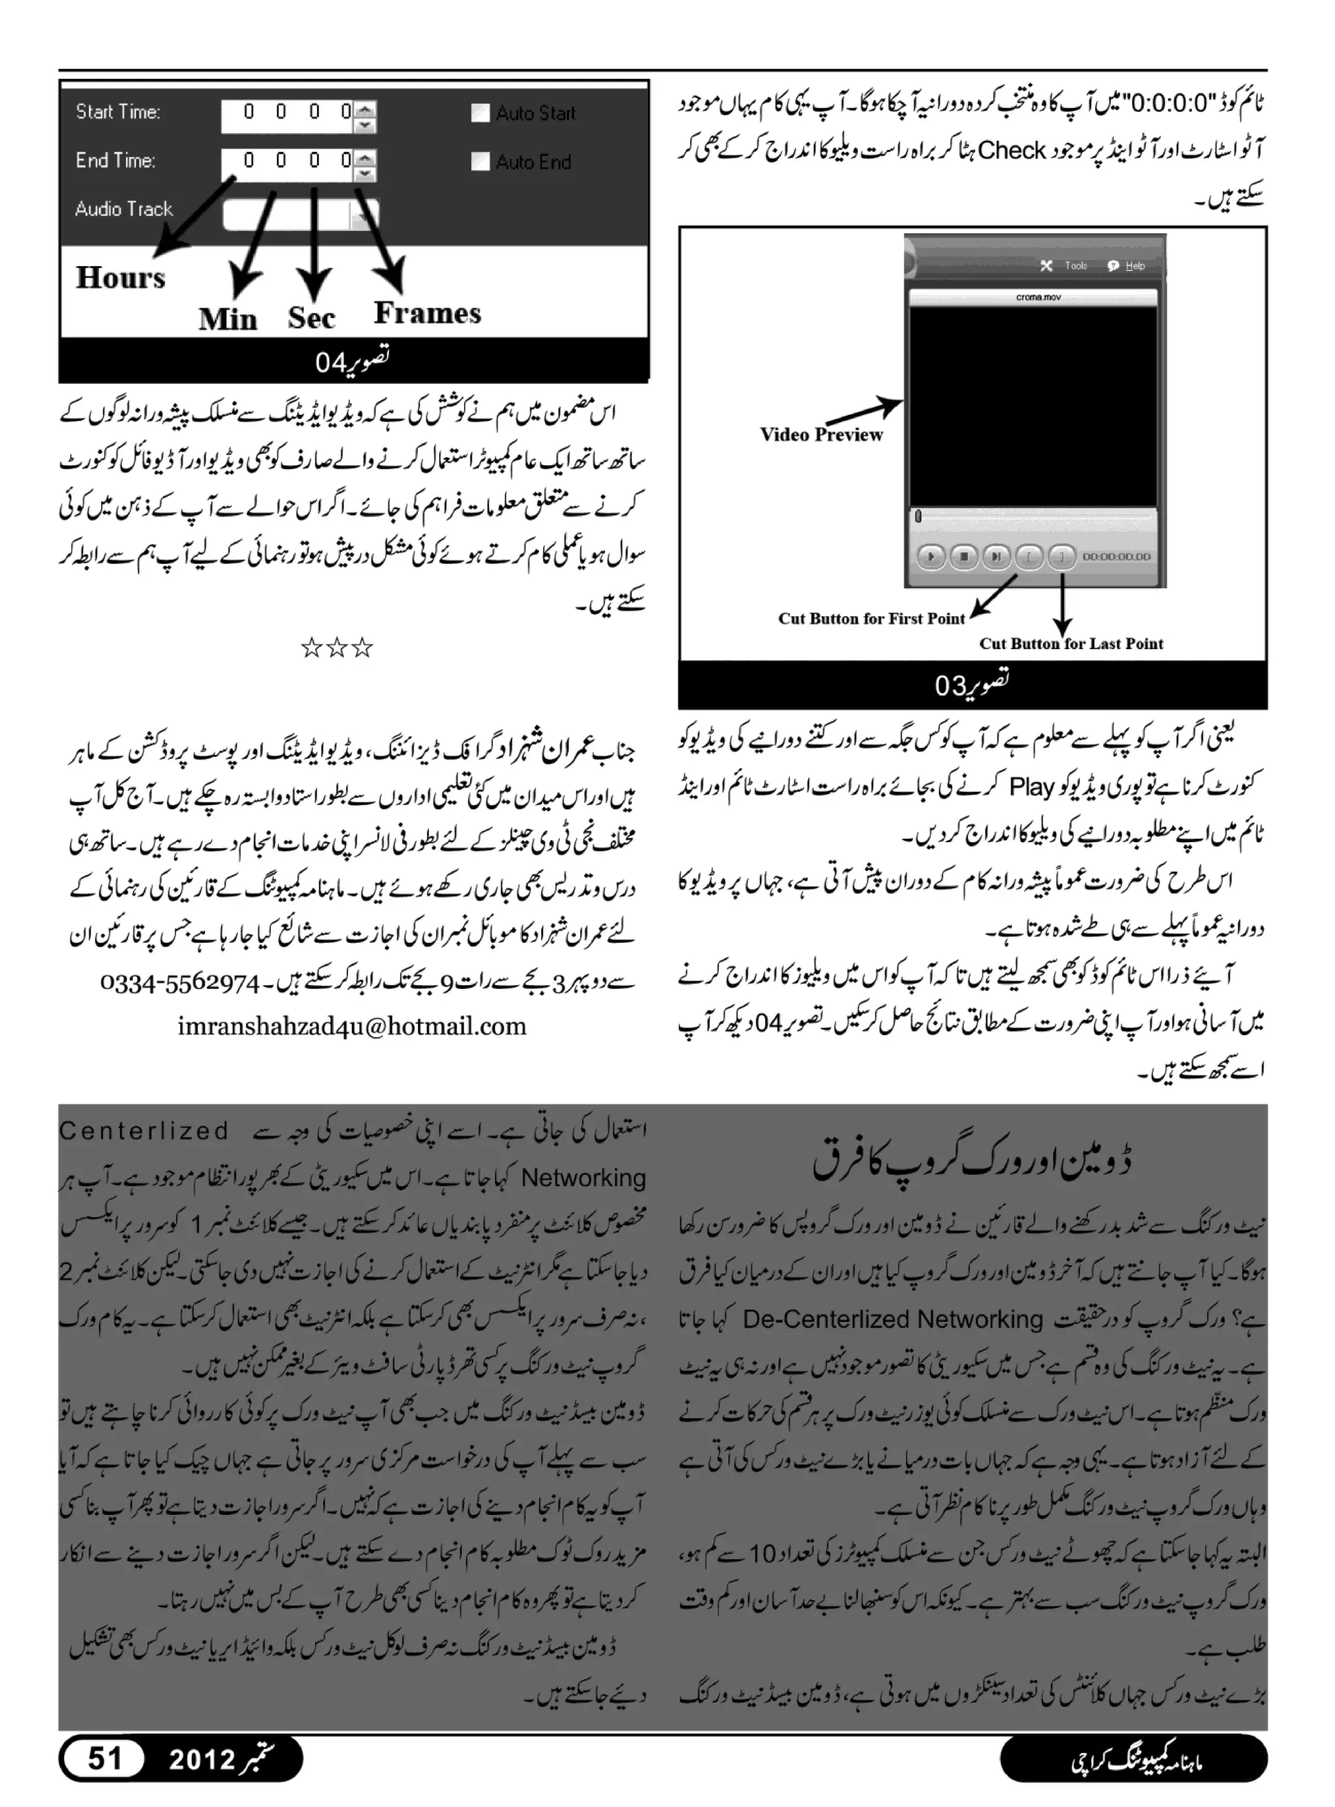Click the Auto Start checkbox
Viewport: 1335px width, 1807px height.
coord(480,113)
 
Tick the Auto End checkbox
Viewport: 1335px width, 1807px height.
coord(480,162)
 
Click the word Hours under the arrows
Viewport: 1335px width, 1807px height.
coord(121,278)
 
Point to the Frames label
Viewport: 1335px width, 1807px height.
coord(427,313)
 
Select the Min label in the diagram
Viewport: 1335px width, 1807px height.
coord(228,319)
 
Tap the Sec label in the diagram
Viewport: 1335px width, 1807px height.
coord(311,317)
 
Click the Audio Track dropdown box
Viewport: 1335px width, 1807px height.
coord(300,215)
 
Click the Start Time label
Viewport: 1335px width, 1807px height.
coord(118,111)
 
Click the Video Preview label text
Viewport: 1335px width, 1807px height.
coord(821,435)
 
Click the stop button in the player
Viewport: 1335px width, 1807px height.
coord(963,557)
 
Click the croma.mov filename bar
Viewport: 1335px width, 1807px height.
coord(1038,297)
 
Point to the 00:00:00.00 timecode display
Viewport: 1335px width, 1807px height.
coord(1116,557)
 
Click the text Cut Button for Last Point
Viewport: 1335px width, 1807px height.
coord(1071,644)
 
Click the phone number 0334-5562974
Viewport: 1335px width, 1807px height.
coord(179,984)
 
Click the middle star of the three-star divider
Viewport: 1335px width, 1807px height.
coord(336,647)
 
